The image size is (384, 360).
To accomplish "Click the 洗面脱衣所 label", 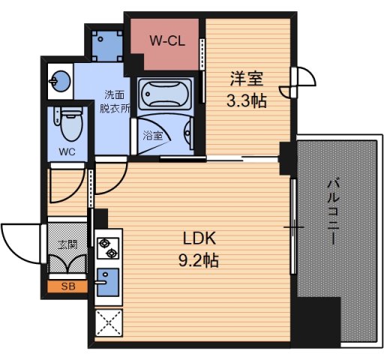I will (117, 100).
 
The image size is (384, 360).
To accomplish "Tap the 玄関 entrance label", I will (67, 244).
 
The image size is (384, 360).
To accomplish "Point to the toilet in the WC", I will (68, 124).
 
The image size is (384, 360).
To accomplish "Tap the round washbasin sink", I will (59, 79).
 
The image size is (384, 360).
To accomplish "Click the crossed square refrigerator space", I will (106, 323).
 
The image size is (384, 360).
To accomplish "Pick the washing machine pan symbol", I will (105, 43).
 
